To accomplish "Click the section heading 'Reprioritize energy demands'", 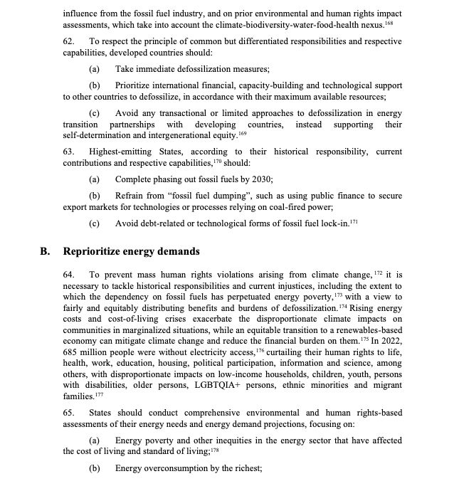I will [132, 251].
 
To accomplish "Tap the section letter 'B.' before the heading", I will [45, 251].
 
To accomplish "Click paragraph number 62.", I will [68, 42].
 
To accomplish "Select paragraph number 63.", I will [68, 152].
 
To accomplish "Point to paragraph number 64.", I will [68, 275].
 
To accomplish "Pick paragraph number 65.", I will [68, 412].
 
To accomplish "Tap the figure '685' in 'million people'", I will [71, 344].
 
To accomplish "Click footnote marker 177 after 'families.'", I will [98, 394].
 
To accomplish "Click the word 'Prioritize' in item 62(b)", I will [137, 85].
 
